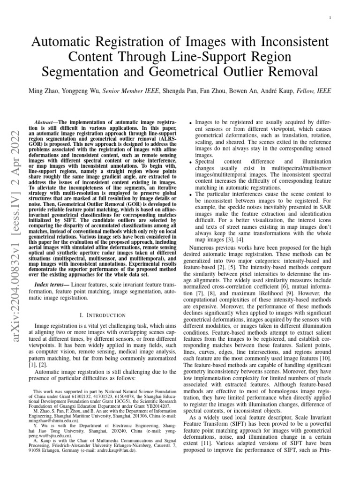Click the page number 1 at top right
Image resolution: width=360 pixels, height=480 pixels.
point(331,18)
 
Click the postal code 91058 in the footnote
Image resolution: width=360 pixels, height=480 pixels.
point(34,461)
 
